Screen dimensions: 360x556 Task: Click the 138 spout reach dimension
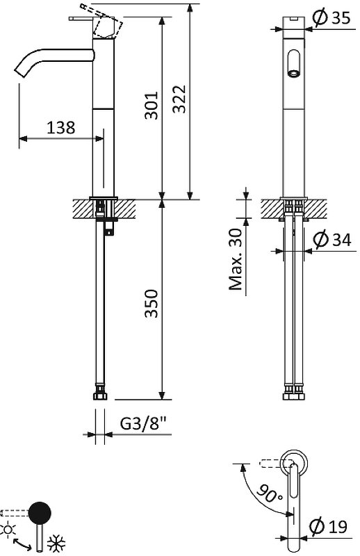(61, 127)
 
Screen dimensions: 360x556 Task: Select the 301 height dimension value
(151, 106)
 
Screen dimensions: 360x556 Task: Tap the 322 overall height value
(179, 99)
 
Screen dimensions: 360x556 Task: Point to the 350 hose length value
(151, 304)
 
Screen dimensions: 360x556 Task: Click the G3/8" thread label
(143, 423)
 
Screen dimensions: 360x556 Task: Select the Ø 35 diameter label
(332, 17)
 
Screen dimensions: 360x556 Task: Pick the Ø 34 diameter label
(332, 239)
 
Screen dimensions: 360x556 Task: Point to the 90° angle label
(270, 493)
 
